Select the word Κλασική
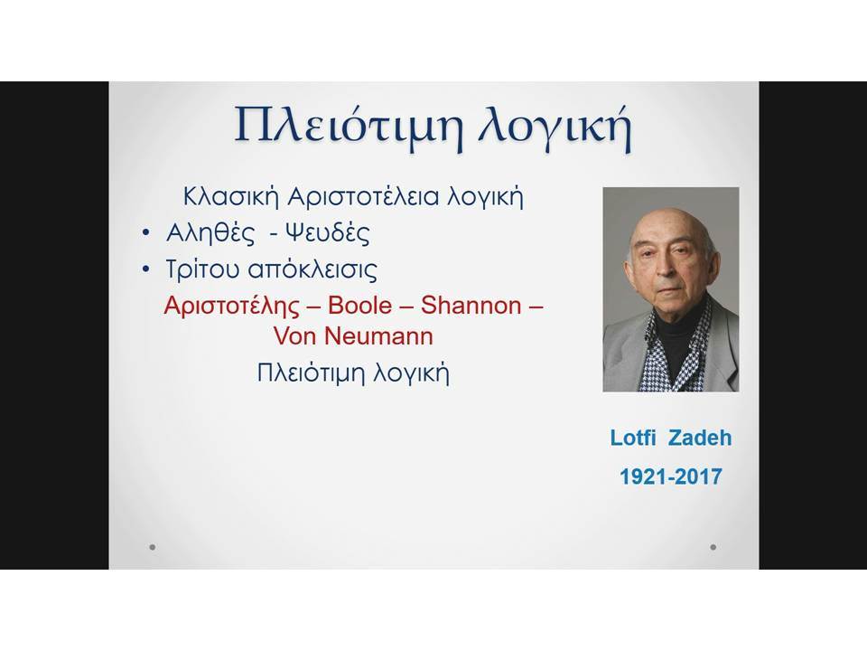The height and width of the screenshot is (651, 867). [x=230, y=196]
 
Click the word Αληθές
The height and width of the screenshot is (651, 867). [x=210, y=233]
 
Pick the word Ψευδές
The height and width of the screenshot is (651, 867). [x=327, y=233]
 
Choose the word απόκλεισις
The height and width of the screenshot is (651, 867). [x=312, y=269]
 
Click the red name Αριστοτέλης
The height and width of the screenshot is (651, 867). [x=232, y=307]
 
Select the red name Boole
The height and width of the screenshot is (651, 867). [x=360, y=306]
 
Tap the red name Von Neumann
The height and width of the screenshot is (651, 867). [x=353, y=336]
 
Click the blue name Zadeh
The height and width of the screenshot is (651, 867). [x=699, y=438]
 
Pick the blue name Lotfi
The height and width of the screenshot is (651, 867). [x=632, y=438]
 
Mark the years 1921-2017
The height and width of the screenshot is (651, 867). [x=671, y=476]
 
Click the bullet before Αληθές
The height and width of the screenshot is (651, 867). [x=146, y=234]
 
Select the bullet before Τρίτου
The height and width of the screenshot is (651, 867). [x=146, y=269]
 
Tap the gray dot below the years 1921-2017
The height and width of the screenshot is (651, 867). [x=713, y=547]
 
